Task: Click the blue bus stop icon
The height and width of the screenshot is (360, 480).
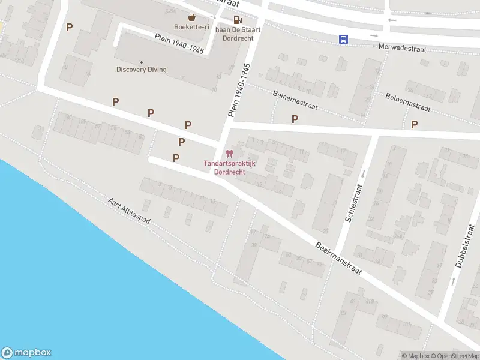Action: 343,39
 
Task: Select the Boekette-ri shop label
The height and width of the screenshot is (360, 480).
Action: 191,27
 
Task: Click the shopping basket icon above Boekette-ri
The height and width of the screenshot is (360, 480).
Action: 191,17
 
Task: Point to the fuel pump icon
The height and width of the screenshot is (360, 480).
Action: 238,19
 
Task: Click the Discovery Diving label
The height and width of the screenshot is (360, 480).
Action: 142,70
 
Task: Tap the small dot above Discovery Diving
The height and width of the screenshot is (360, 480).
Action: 142,62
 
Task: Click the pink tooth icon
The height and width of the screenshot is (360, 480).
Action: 226,154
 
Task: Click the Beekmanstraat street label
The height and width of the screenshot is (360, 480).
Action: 339,259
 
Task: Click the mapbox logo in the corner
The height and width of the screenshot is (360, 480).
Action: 26,353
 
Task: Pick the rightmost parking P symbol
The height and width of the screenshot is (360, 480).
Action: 414,124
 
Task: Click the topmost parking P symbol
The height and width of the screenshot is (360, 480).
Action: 69,27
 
